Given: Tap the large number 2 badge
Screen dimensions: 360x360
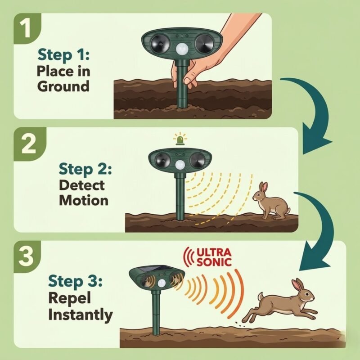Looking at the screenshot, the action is click(x=29, y=144).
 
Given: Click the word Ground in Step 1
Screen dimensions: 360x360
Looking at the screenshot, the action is click(x=63, y=87).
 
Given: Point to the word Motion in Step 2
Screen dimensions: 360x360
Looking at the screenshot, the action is click(x=84, y=200).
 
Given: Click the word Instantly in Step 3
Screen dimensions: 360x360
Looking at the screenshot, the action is click(x=81, y=315).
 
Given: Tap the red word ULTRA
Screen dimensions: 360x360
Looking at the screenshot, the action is click(x=214, y=253).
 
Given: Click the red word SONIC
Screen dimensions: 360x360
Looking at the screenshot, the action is click(x=214, y=262).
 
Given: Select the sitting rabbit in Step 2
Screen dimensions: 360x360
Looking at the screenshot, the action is click(x=271, y=201).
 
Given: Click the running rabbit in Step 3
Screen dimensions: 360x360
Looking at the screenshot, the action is click(x=280, y=301).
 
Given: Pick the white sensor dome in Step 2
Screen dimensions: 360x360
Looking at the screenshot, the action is click(x=180, y=165).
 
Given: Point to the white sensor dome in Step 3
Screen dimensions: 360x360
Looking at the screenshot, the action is click(x=162, y=283).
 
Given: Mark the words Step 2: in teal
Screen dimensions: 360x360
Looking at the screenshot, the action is click(x=85, y=170).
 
